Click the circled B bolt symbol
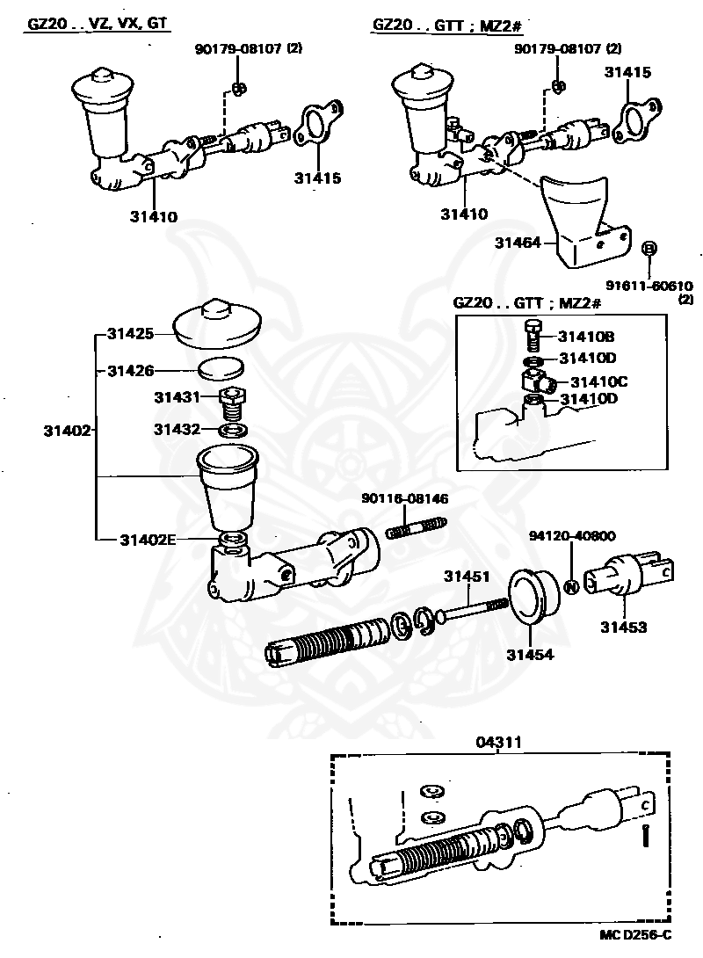coord(649,250)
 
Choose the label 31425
coord(131,333)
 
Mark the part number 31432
coord(178,430)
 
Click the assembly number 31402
coord(66,430)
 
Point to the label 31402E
coord(148,539)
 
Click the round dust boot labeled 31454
coord(536,598)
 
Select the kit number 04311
coord(500,743)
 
